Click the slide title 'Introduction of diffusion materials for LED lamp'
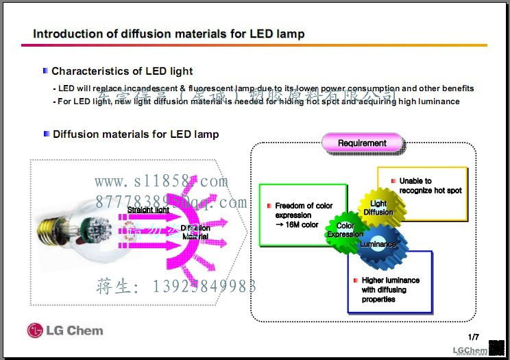pos(169,34)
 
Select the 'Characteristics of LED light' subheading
pos(122,71)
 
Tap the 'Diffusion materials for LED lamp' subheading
pos(136,134)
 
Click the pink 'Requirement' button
pos(362,143)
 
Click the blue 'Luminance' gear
pos(379,244)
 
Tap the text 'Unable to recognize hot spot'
pos(430,186)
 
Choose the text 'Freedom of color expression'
pos(304,211)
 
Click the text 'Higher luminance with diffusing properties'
pos(391,289)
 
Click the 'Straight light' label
pos(148,210)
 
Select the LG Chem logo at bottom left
pos(65,331)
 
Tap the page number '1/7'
pos(474,337)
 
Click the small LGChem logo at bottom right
pos(470,350)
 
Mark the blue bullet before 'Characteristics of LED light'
pos(45,71)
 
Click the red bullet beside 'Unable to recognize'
pos(393,181)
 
